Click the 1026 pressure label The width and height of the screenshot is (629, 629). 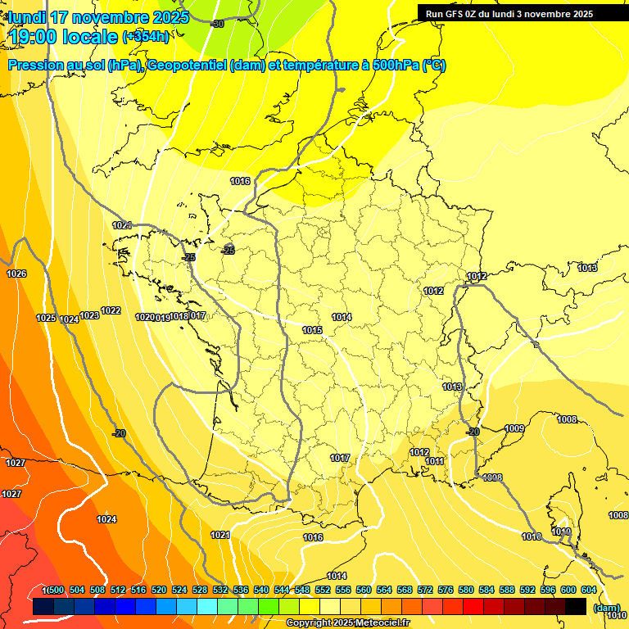click(x=16, y=274)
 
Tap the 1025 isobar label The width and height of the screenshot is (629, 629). click(x=46, y=318)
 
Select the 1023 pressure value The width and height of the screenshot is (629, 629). click(x=89, y=315)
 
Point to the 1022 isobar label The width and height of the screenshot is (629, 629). click(x=111, y=310)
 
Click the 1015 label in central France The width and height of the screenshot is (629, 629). click(x=312, y=330)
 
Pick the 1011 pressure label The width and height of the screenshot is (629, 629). click(x=435, y=462)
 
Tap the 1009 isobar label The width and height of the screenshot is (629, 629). click(x=514, y=428)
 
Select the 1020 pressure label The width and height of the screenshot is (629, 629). click(x=144, y=317)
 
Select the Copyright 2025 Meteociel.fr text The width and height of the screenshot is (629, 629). click(x=347, y=623)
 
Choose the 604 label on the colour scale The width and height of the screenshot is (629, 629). click(x=589, y=591)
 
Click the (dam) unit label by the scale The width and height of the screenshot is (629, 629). click(x=606, y=608)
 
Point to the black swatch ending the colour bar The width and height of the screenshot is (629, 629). click(x=576, y=606)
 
